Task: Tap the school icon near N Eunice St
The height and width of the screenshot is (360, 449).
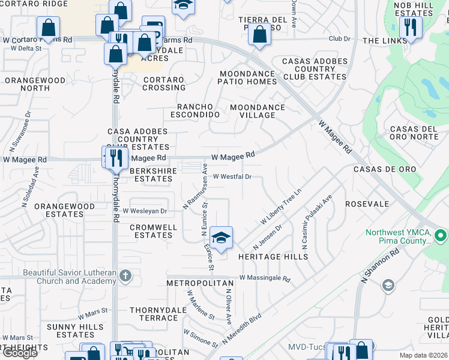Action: (x=221, y=238)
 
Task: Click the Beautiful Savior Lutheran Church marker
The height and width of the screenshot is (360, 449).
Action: (x=125, y=276)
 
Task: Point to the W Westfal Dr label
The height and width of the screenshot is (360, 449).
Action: (x=232, y=176)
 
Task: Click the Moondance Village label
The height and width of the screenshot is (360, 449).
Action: (x=258, y=112)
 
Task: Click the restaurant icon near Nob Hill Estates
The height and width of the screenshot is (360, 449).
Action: (x=411, y=27)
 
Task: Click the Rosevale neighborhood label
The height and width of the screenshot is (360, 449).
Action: (x=367, y=204)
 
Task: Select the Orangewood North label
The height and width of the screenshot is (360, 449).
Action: (x=27, y=84)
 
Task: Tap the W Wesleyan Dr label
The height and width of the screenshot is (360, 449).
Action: (x=145, y=211)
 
